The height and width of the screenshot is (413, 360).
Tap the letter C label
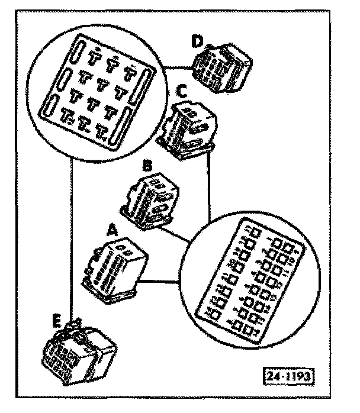184,92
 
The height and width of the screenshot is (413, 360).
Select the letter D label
197,41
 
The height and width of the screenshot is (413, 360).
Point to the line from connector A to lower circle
160,280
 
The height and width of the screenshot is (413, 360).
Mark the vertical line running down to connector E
72,237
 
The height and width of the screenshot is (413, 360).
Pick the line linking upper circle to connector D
178,67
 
